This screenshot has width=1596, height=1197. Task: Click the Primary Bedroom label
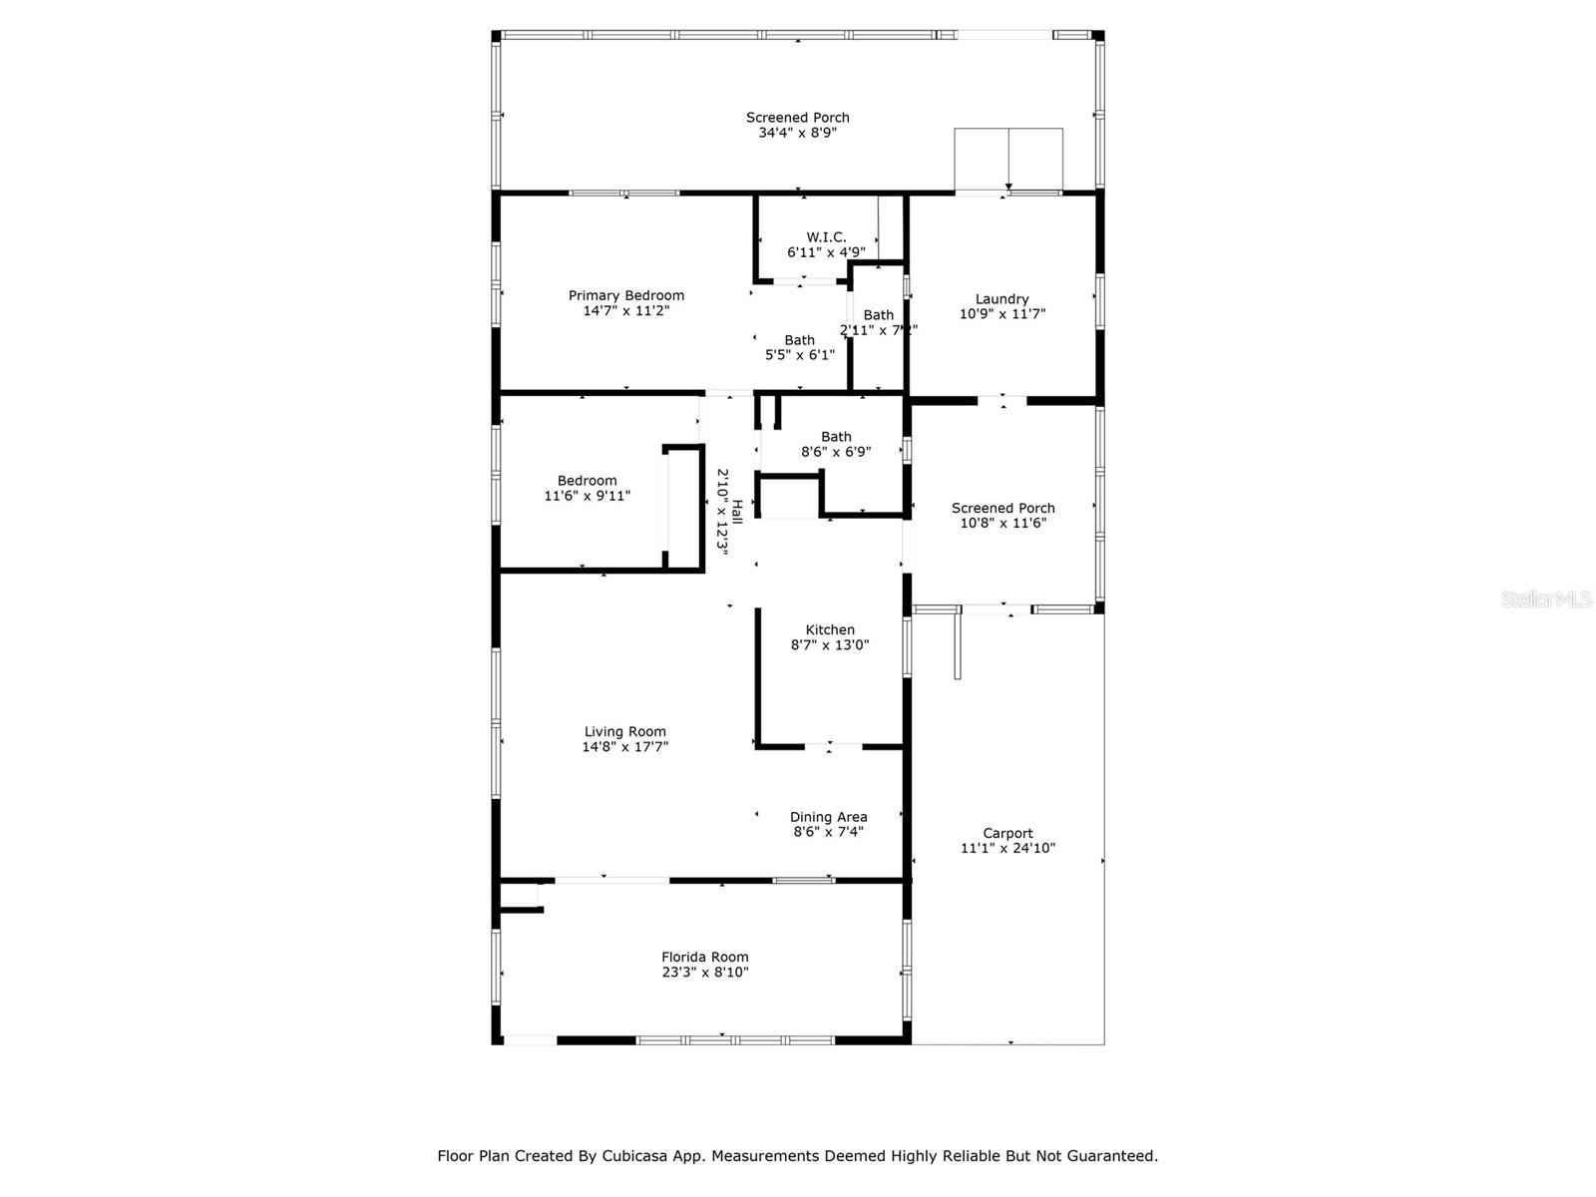626,295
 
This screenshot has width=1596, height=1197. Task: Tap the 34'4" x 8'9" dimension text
797,132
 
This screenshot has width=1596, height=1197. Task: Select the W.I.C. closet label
826,237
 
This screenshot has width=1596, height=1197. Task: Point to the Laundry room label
1001,299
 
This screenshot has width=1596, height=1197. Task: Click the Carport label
1007,834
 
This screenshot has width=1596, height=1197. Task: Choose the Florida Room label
704,958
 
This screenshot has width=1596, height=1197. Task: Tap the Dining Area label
828,817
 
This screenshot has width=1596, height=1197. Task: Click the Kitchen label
830,630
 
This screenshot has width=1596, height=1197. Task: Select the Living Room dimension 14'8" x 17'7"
625,746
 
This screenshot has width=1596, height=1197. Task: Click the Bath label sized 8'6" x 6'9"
836,437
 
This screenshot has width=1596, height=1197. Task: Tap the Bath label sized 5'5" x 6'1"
799,340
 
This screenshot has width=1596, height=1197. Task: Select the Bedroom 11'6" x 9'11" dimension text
587,496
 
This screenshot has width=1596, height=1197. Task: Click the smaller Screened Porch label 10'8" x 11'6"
1002,509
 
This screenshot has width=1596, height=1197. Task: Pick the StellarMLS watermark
1546,599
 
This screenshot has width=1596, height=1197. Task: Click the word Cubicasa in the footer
636,1156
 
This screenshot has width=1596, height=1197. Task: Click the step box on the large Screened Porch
1008,159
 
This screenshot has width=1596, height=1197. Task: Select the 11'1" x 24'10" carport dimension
1007,849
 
